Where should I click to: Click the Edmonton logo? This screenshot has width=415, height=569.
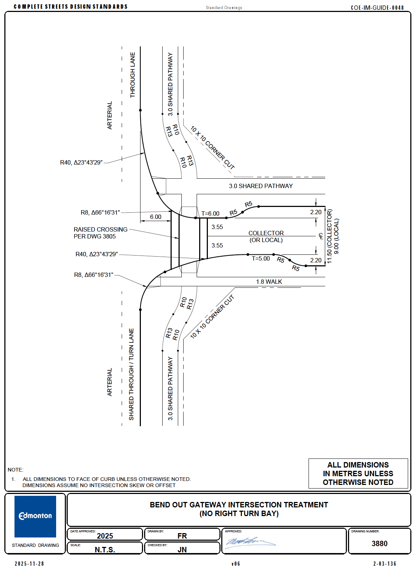click(35, 516)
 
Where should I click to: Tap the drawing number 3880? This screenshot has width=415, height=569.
click(379, 544)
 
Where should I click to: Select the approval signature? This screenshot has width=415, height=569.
click(250, 542)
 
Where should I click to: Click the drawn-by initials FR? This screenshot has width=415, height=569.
click(182, 536)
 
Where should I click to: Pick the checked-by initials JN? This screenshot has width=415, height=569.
click(182, 550)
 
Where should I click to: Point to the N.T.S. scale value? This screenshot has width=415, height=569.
click(105, 550)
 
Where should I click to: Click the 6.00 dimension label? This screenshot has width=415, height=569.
click(156, 217)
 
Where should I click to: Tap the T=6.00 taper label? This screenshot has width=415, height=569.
click(210, 214)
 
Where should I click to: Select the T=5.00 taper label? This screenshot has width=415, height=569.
click(261, 259)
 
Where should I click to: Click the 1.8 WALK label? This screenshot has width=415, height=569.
click(269, 282)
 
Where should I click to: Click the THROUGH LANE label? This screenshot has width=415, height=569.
click(133, 75)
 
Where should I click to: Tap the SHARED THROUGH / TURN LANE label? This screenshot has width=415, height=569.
click(131, 374)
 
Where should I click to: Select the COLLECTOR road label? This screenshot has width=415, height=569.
click(266, 233)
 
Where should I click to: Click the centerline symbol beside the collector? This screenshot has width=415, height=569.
click(321, 236)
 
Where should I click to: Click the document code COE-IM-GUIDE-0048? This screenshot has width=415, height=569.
click(377, 8)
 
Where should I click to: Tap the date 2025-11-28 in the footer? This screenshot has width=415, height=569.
click(29, 564)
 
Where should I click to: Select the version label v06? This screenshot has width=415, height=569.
click(236, 564)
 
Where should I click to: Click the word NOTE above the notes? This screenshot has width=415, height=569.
click(16, 470)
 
